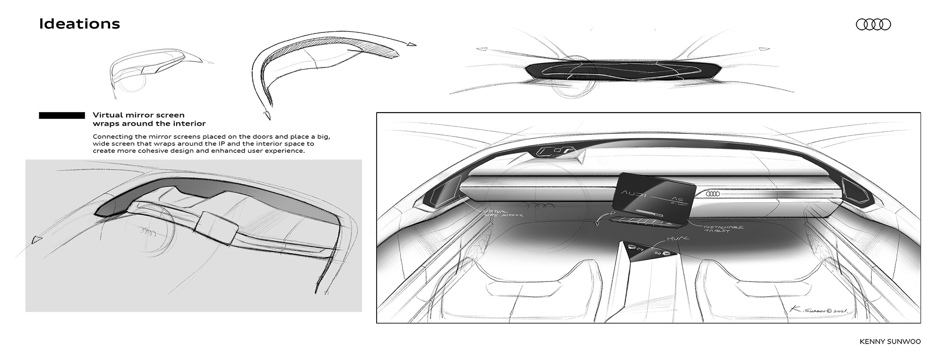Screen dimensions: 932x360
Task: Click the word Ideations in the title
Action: [79, 24]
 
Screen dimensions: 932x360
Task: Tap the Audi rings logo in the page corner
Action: [873, 25]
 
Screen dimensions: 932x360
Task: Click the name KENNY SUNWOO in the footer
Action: [890, 342]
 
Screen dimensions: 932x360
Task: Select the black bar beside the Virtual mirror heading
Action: [62, 115]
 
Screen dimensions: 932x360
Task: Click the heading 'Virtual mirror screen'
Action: [138, 115]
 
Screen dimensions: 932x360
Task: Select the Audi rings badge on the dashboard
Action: [713, 194]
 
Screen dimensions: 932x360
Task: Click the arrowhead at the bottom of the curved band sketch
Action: [266, 115]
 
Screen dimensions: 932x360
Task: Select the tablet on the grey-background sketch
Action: [215, 227]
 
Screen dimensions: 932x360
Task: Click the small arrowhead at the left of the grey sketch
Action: [34, 239]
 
